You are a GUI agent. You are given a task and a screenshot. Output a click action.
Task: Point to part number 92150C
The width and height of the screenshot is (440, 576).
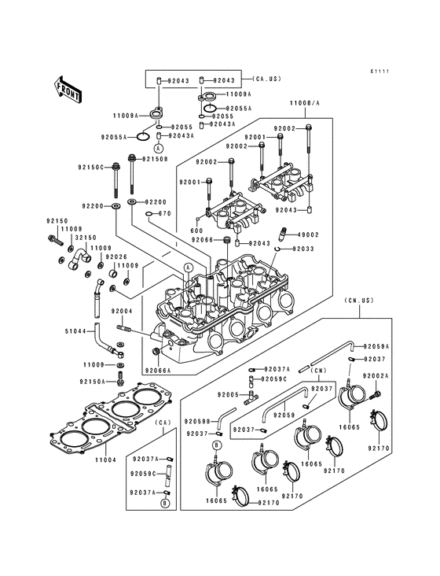(x=91, y=167)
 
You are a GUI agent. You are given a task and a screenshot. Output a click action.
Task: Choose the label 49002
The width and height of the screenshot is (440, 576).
(x=307, y=234)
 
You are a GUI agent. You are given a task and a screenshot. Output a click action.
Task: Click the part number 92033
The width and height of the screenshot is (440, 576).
(x=303, y=249)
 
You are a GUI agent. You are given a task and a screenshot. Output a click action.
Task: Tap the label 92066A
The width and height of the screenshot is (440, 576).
(x=157, y=370)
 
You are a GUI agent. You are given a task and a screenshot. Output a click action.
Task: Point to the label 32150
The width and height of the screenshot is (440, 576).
(x=86, y=237)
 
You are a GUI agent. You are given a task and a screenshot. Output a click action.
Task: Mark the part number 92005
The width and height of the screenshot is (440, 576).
(x=229, y=393)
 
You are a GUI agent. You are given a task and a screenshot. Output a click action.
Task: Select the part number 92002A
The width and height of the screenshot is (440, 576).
(x=376, y=375)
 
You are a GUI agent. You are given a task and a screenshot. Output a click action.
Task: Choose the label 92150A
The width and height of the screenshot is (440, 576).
(x=93, y=382)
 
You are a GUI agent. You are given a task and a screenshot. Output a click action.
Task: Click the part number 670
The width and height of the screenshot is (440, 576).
(x=164, y=213)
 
